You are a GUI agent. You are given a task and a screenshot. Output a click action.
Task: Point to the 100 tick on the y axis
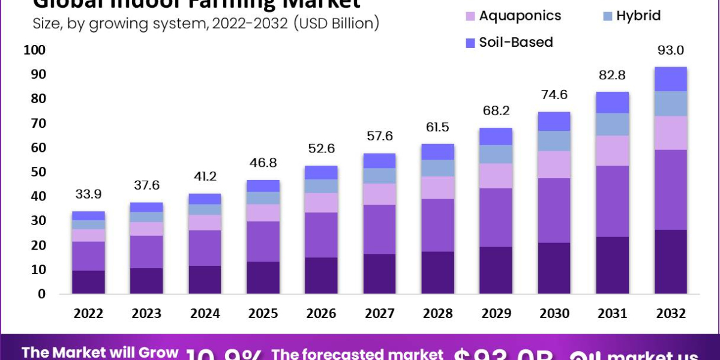(x=34, y=50)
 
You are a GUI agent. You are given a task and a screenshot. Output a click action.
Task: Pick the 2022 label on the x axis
(x=89, y=314)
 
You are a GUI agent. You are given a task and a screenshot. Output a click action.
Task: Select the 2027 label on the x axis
(x=380, y=314)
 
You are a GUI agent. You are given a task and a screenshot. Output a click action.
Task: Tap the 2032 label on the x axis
(x=670, y=314)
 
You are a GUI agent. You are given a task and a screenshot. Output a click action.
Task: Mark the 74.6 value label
(x=554, y=95)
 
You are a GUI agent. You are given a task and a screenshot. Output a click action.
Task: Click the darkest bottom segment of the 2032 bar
(x=671, y=262)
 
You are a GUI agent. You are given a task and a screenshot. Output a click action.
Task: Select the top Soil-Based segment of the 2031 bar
(x=613, y=102)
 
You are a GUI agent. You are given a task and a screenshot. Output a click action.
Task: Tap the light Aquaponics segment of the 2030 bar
(x=554, y=164)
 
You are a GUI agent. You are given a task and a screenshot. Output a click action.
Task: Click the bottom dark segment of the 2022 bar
(x=89, y=282)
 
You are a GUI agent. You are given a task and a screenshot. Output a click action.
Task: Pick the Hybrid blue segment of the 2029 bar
(x=496, y=154)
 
